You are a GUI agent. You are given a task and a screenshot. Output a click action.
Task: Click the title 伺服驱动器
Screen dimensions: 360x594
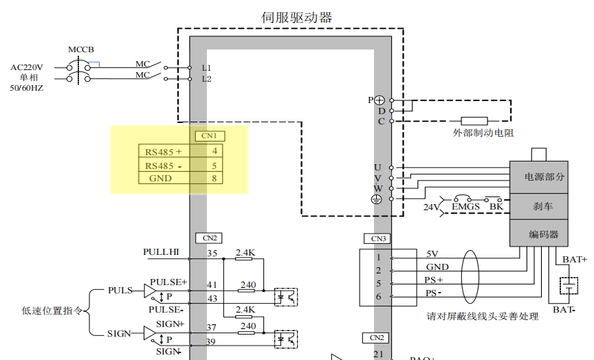297,17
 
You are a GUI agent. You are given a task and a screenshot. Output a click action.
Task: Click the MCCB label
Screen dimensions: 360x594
81,49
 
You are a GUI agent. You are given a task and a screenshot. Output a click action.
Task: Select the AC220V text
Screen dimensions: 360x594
27,67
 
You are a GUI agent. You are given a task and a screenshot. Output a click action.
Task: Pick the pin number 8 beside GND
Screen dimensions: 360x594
214,179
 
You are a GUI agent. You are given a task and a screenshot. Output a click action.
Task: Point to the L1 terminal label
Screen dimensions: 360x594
206,67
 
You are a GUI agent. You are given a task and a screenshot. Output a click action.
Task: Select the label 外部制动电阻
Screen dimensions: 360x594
483,133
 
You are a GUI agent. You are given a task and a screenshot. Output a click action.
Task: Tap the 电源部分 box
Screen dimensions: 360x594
540,177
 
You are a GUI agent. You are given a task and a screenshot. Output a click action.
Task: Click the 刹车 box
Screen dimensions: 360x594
540,206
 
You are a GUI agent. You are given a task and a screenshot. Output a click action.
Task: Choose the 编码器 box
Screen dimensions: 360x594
540,234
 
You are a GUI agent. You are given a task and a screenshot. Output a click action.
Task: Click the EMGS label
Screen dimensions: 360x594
465,205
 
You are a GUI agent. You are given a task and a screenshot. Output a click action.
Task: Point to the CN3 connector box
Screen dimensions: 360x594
378,239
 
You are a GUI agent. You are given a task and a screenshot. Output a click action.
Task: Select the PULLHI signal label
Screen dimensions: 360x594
161,252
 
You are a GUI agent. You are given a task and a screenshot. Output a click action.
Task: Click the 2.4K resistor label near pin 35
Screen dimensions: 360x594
245,253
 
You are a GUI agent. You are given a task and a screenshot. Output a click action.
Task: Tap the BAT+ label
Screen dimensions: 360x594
575,259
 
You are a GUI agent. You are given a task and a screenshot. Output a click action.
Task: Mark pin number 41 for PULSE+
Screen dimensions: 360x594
212,284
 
